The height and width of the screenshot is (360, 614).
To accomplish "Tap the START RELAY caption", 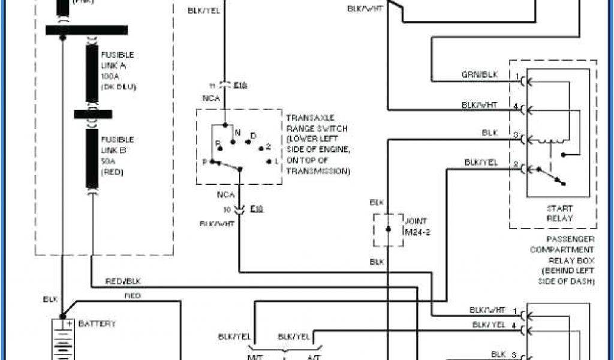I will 559,213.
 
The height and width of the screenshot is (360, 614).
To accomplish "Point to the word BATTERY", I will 97,323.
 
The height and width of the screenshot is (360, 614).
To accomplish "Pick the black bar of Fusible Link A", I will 92,73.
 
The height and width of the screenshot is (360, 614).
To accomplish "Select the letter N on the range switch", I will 238,132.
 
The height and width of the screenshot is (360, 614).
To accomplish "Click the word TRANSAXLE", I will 311,118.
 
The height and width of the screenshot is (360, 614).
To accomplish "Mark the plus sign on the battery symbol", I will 69,323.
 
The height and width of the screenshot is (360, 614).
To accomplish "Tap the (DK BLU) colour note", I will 119,86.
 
